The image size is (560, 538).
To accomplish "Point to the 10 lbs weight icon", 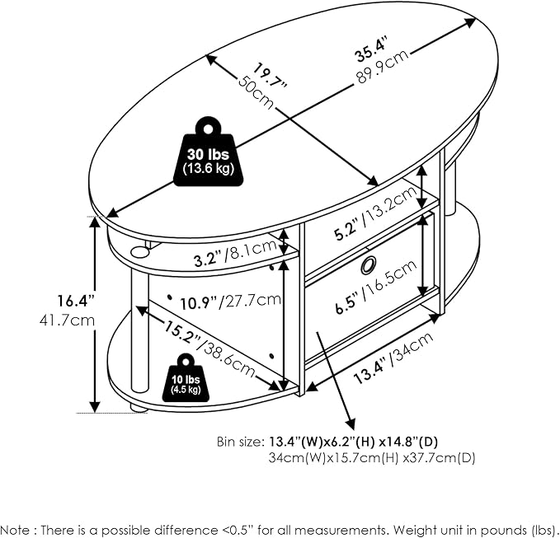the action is coord(186,379).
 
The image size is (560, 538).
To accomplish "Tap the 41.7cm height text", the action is coord(67,320).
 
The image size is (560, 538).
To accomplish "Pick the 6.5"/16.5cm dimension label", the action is coord(376,287).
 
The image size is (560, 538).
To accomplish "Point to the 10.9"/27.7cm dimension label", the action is coord(230,302).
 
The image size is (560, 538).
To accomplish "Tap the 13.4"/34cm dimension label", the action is coord(393,358).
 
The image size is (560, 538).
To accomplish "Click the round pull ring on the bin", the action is coord(368,264).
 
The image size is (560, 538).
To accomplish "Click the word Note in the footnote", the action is coord(16,530).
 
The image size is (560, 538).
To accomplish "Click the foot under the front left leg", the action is coord(139,407).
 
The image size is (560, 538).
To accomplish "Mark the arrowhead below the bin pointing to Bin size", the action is coord(351,423).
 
